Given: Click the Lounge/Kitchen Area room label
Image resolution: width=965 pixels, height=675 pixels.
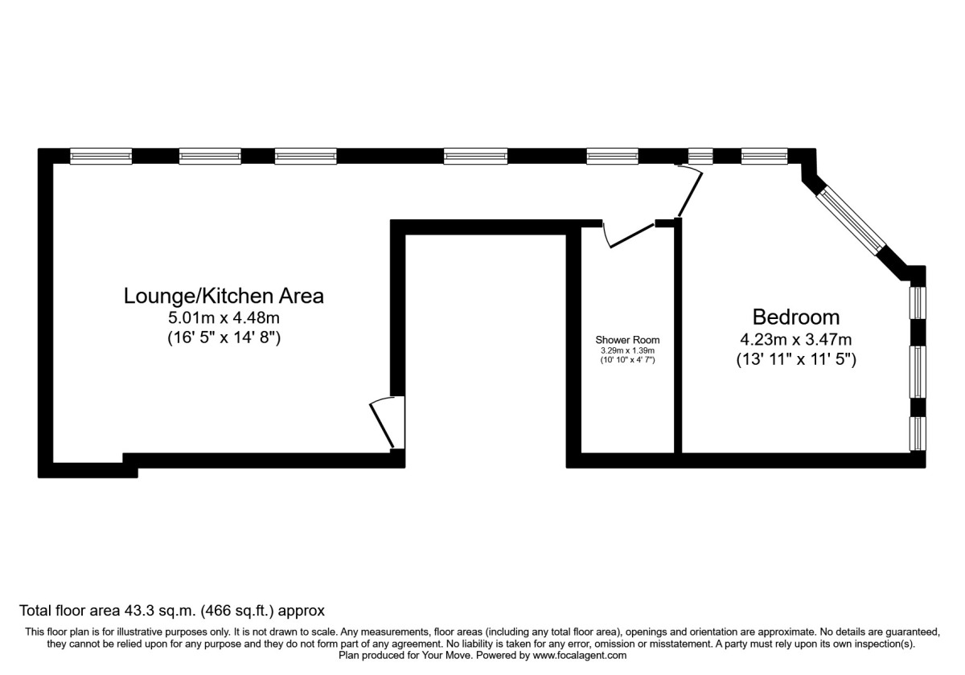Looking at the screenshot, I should [224, 296].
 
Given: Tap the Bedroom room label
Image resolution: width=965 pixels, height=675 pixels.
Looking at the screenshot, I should [796, 317].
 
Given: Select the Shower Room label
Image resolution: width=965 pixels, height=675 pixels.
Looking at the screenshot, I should [627, 340].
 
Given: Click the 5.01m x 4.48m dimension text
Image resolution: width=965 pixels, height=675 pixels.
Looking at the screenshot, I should [224, 318].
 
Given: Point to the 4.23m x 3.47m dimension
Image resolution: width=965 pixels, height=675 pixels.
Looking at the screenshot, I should [796, 339].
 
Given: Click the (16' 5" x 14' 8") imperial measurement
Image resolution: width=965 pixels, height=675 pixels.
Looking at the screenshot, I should [224, 338].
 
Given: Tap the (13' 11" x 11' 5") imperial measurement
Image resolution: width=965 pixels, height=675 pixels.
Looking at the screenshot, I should [796, 360].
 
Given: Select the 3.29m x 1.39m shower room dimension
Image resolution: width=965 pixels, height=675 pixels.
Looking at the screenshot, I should [627, 350].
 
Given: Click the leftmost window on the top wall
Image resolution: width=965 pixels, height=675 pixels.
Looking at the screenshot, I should [101, 157].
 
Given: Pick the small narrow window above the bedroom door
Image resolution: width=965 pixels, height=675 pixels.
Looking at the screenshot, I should [700, 157].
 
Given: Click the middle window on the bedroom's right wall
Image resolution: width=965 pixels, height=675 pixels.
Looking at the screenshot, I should [918, 371].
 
